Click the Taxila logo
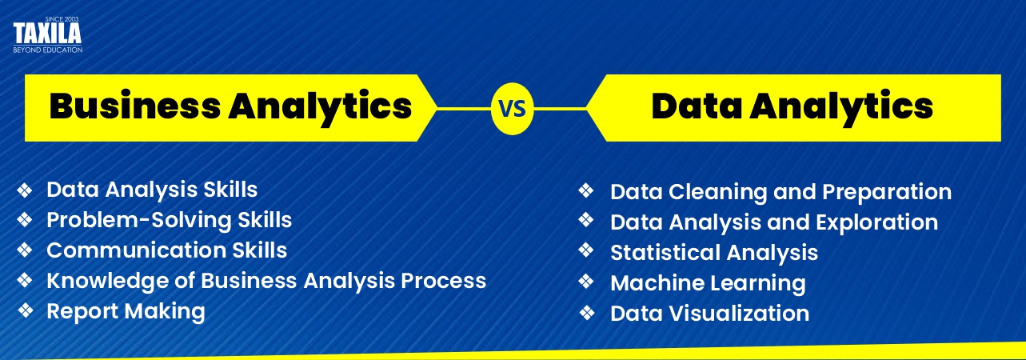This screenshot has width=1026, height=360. (x=48, y=36)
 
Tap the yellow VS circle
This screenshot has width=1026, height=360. (x=512, y=107)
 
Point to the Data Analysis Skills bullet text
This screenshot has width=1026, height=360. (x=152, y=190)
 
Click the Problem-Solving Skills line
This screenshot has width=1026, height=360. (x=169, y=220)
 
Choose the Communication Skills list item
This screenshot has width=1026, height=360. (x=166, y=250)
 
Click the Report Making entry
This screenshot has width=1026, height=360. (x=126, y=311)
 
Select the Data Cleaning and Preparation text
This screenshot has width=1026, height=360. (x=780, y=192)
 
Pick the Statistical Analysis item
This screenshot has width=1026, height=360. (x=713, y=253)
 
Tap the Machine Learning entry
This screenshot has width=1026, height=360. (x=707, y=283)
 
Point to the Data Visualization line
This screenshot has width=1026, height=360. (x=709, y=314)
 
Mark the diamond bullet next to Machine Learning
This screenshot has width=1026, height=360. (x=587, y=282)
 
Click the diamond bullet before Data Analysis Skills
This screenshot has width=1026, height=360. (x=25, y=190)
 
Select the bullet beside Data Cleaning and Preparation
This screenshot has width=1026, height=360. (x=587, y=191)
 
